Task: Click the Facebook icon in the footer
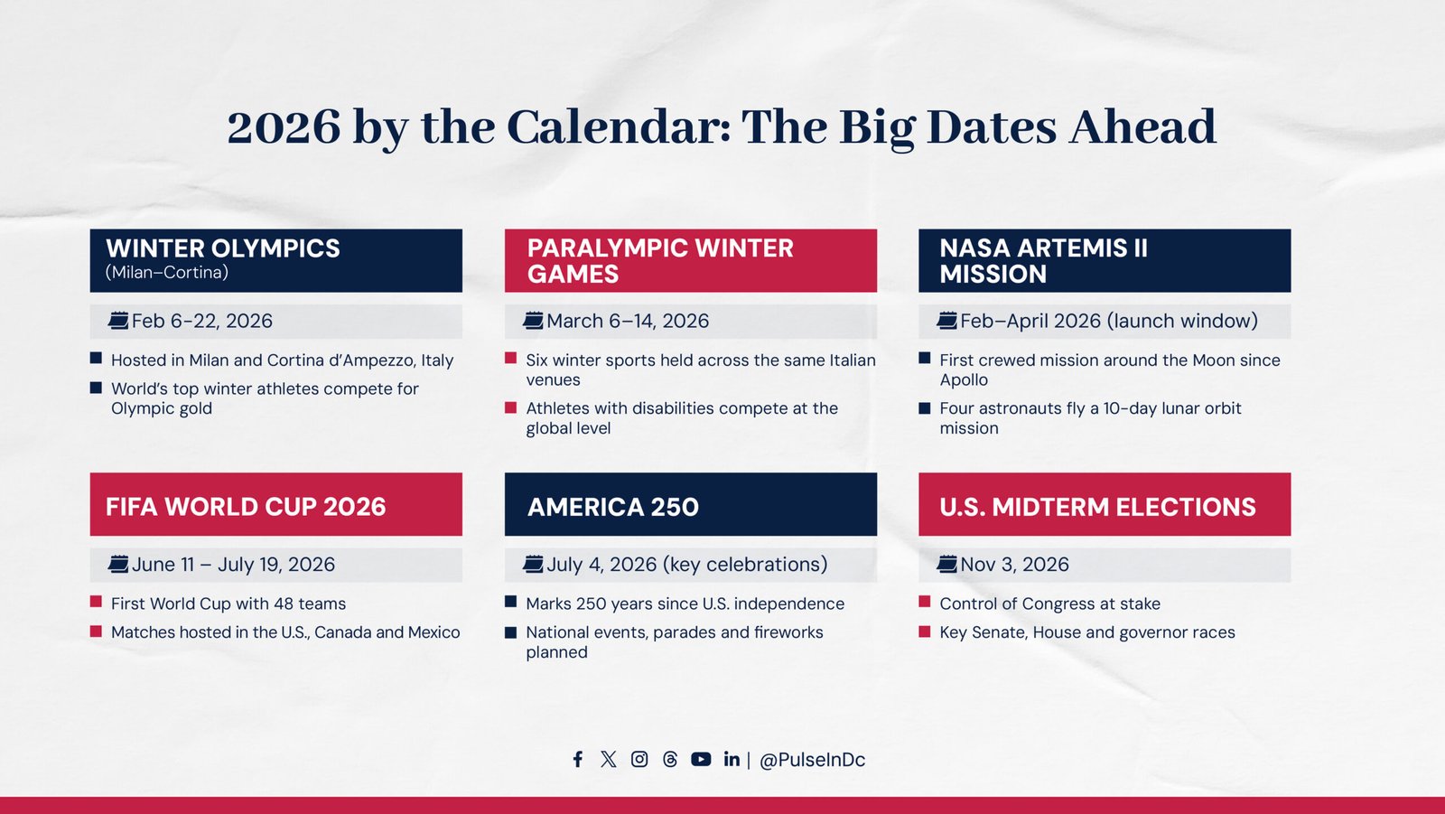[578, 759]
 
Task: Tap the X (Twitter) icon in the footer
[609, 759]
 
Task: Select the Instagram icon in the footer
[639, 759]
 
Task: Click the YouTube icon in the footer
[701, 759]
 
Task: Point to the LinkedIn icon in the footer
[732, 759]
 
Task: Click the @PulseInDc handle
[812, 760]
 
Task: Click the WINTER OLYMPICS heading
[223, 248]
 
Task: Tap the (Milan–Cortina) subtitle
[167, 272]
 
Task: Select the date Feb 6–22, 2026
[201, 321]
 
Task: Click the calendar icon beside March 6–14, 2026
[533, 320]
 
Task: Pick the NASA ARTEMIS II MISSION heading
[1043, 260]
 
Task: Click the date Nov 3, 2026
[1014, 565]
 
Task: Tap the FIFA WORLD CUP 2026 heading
[246, 507]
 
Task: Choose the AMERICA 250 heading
[613, 507]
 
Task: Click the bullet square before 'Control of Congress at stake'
[925, 602]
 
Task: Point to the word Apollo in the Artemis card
[964, 380]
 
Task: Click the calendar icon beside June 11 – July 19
[118, 565]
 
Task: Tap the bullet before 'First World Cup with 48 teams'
[96, 602]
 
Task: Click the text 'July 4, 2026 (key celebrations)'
[686, 565]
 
